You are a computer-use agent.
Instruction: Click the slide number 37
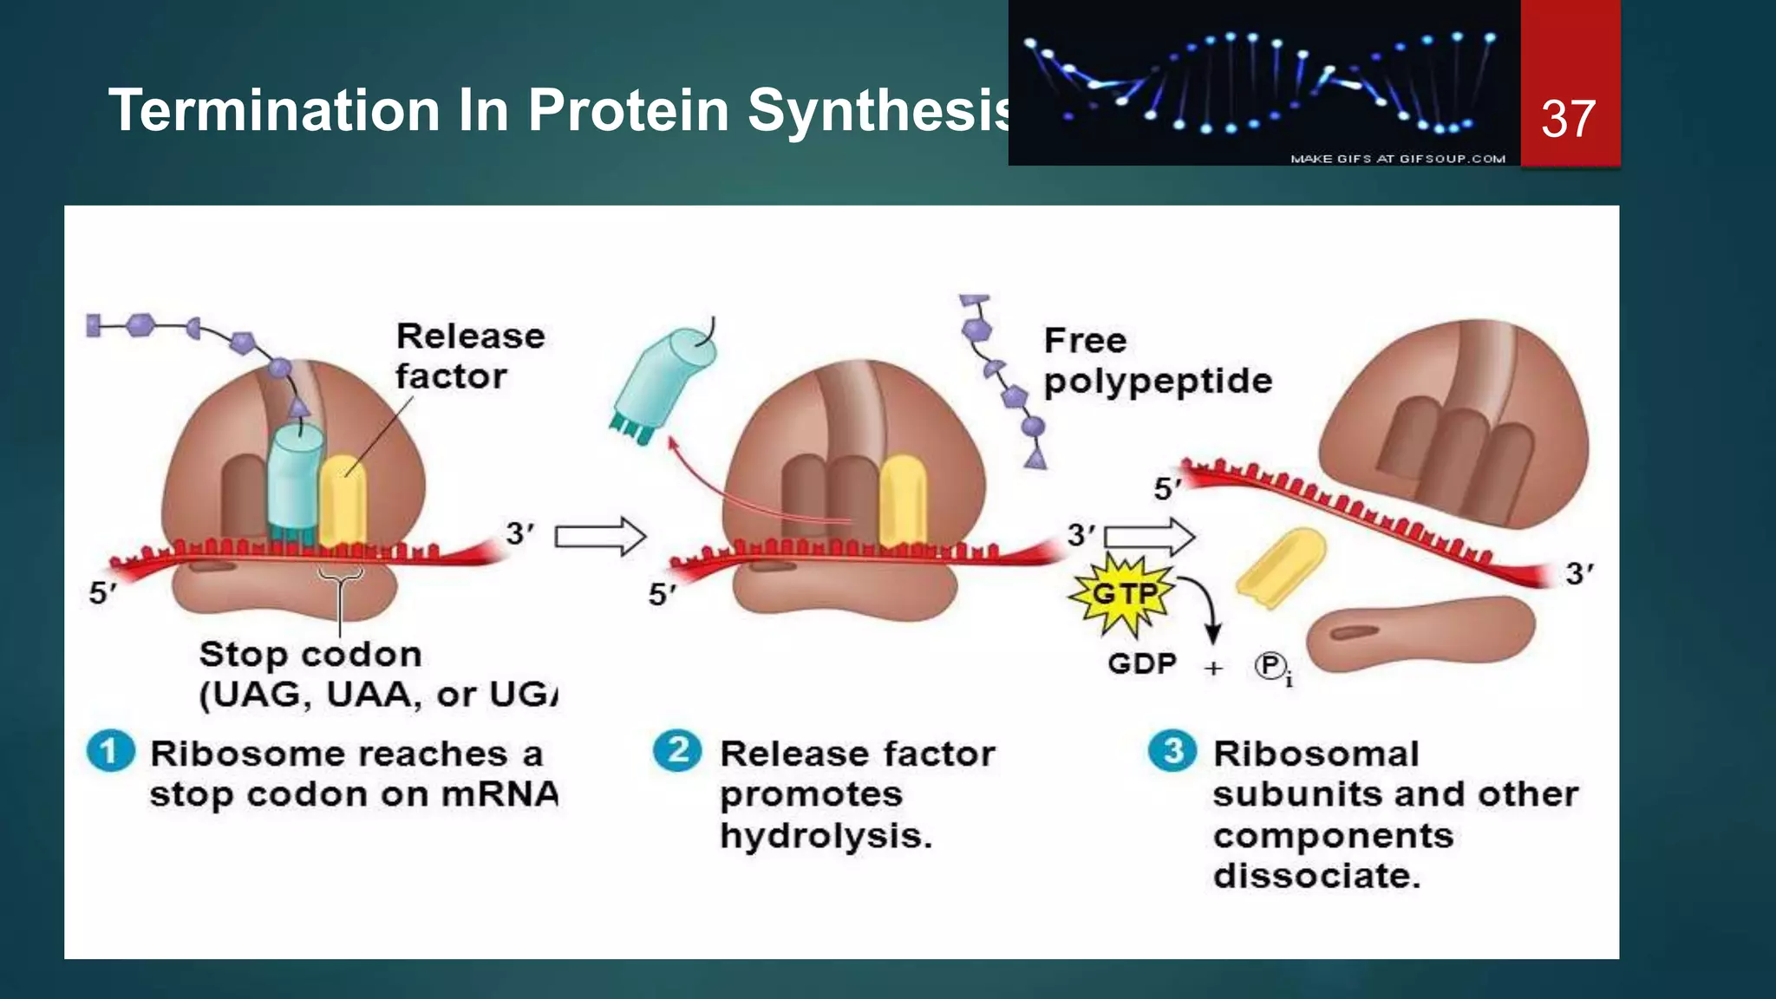1568,119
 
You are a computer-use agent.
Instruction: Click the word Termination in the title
274,111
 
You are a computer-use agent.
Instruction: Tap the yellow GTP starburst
1123,595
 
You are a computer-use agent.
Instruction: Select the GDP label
1141,664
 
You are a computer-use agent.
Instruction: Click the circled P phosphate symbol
1270,666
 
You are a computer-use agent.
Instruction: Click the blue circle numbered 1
110,751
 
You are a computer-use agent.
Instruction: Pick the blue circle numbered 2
677,750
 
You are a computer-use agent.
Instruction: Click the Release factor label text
469,356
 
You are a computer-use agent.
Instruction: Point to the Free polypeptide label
1156,361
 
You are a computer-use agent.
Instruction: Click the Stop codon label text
310,655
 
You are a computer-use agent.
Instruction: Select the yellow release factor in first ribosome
343,500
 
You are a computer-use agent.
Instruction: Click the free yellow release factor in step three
1281,567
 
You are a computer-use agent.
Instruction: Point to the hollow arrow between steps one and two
599,537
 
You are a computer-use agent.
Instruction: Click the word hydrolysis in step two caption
825,836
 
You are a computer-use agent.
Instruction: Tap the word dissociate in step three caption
1316,876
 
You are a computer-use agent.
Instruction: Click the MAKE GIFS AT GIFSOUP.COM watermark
1397,159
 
